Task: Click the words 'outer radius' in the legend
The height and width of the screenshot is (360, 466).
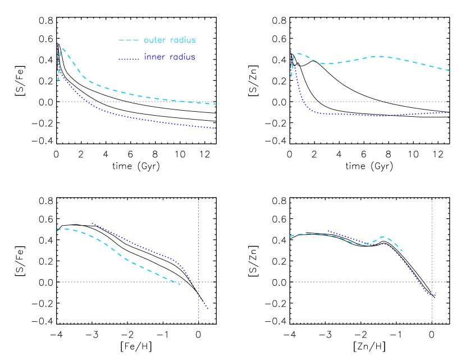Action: (x=170, y=40)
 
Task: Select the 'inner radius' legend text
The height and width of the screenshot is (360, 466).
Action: (x=170, y=57)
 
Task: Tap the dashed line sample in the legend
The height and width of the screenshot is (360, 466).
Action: (x=129, y=40)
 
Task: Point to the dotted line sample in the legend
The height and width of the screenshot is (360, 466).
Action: (x=129, y=58)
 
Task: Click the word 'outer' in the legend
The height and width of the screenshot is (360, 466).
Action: (x=154, y=40)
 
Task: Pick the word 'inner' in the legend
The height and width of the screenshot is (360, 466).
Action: (x=154, y=57)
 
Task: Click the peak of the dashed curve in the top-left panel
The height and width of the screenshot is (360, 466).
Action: (x=62, y=48)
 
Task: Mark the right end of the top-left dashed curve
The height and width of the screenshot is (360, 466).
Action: (x=217, y=104)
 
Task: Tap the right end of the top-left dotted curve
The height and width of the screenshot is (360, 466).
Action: (x=217, y=129)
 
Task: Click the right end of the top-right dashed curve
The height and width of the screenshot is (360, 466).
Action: (x=449, y=71)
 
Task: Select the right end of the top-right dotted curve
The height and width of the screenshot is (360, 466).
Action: (x=449, y=112)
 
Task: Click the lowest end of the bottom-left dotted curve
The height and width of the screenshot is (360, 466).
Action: (x=208, y=308)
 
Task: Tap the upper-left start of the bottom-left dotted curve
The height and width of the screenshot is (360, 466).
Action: (x=92, y=223)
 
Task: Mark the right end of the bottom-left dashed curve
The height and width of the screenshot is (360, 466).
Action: (x=180, y=285)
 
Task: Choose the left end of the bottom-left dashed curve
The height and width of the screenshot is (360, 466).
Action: (x=57, y=230)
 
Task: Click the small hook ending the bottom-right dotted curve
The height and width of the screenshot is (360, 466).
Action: (x=436, y=293)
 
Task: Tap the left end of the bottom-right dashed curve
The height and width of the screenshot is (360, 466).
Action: (x=290, y=236)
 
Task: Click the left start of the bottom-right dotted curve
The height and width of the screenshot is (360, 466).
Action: (x=327, y=231)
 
